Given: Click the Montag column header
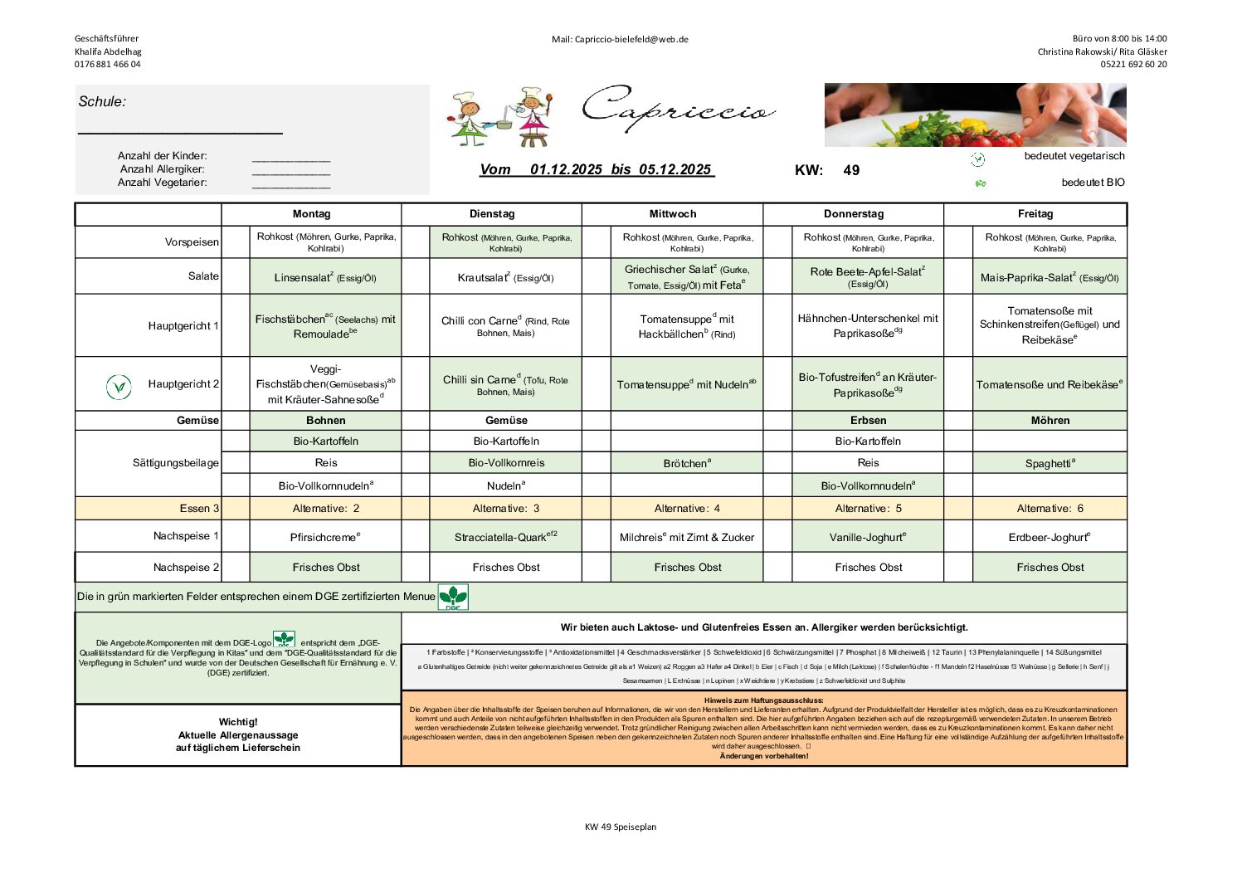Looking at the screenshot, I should [x=311, y=214].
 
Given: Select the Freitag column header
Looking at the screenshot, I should [x=1035, y=214].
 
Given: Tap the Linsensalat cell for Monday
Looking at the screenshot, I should [x=325, y=277].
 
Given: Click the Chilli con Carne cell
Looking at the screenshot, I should [x=505, y=326].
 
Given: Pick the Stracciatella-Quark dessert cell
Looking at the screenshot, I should [x=505, y=537].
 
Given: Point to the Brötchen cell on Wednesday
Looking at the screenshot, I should [x=687, y=463].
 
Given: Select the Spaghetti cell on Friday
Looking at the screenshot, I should [x=1050, y=463].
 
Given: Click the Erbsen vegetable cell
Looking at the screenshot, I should [x=868, y=421].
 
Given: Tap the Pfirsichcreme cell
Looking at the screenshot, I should [x=325, y=537].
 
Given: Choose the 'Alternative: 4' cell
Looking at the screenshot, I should [x=687, y=509].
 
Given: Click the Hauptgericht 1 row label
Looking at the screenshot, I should [x=183, y=326].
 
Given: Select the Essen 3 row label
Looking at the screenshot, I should [x=199, y=509].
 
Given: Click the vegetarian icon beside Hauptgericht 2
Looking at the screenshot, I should [x=119, y=387].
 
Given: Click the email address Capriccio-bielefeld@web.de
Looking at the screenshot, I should [x=620, y=39].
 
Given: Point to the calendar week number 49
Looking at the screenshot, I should [x=851, y=171].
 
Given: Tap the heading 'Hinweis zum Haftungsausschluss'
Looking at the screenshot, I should [x=763, y=700].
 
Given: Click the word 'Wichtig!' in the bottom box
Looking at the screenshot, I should [x=238, y=722].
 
